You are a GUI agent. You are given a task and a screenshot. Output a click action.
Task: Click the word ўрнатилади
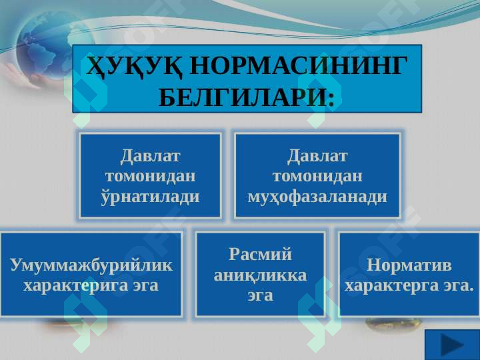(150, 196)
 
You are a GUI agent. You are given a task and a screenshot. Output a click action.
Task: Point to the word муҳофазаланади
(317, 196)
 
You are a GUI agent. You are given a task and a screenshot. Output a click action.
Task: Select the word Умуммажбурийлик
(91, 265)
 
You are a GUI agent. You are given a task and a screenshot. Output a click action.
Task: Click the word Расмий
(260, 254)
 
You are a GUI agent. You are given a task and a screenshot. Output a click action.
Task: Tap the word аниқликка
(260, 275)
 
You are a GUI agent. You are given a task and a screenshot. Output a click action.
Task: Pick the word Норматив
(409, 265)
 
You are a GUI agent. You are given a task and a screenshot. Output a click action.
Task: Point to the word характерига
(76, 285)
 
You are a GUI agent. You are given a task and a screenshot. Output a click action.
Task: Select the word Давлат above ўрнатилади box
(150, 156)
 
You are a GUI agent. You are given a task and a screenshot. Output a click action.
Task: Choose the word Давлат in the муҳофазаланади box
(317, 156)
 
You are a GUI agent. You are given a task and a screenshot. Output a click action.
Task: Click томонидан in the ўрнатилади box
(150, 176)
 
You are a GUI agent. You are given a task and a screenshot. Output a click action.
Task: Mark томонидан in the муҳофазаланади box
(317, 176)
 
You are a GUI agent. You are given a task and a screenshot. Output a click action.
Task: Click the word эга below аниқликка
(260, 296)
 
